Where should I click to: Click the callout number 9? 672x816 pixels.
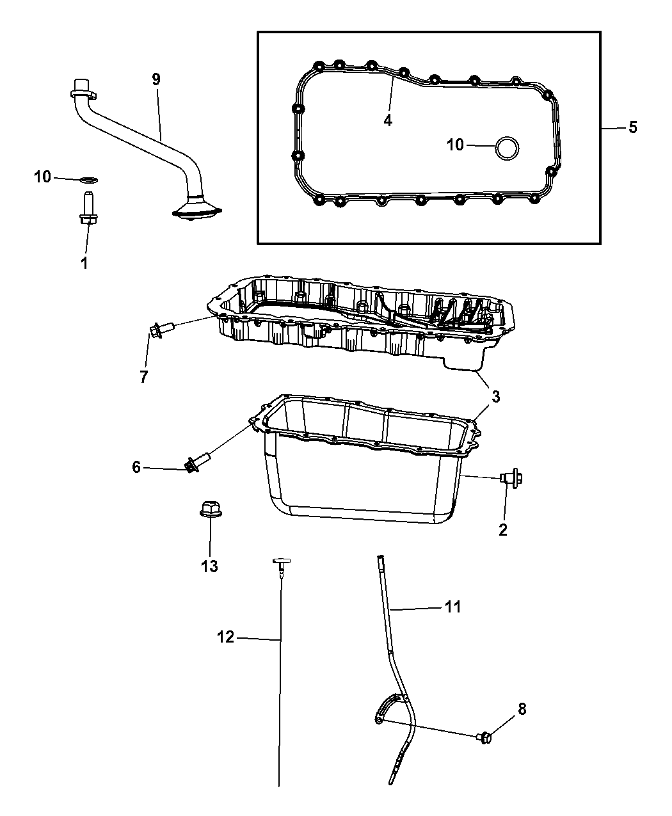point(156,79)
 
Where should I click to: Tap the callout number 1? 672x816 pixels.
point(84,262)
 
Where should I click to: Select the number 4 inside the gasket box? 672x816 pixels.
point(387,120)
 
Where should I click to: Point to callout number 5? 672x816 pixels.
point(632,127)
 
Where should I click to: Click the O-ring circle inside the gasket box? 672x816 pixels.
point(508,147)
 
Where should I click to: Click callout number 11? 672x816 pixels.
point(452,606)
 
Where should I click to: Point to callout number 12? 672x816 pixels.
point(226,637)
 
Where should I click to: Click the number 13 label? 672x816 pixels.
point(209,566)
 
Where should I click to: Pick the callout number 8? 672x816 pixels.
point(522,708)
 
